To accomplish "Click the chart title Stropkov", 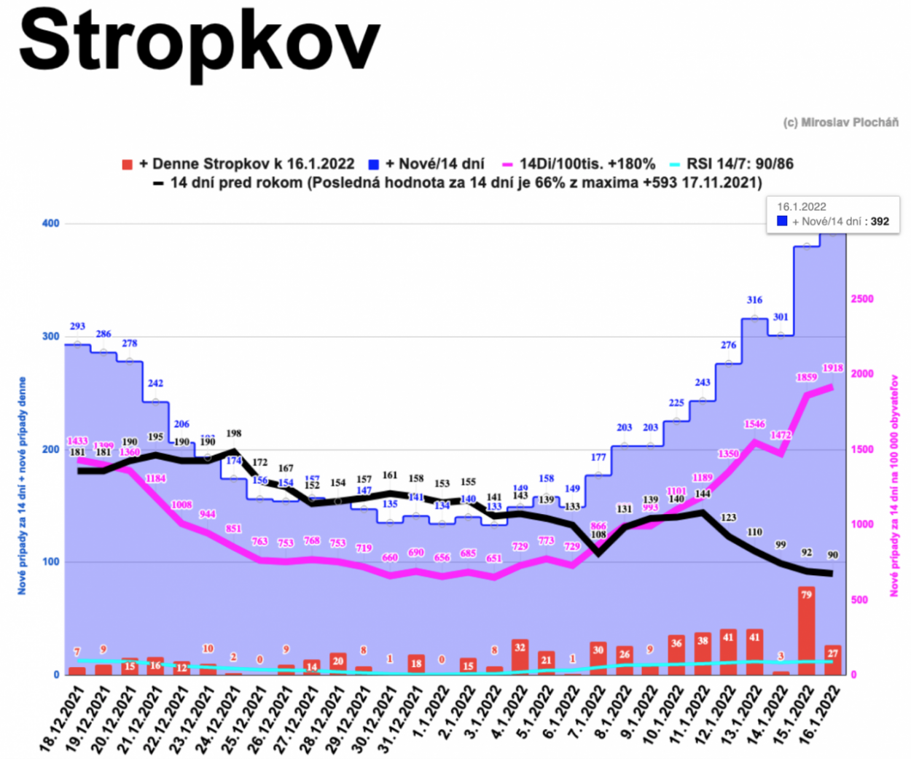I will click(199, 42).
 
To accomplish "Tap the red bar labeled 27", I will click(832, 659).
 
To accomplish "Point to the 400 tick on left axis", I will click(50, 223).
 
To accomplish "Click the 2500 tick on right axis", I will click(862, 299).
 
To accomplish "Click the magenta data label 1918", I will click(832, 368).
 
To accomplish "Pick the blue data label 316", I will click(754, 300).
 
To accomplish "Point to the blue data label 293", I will click(77, 326).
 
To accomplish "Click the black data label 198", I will click(233, 433).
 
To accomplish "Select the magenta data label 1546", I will click(754, 424).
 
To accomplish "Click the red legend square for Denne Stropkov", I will click(128, 165).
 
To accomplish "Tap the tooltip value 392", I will click(880, 221).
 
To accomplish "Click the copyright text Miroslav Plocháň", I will click(840, 122).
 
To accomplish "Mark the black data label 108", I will click(598, 534).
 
